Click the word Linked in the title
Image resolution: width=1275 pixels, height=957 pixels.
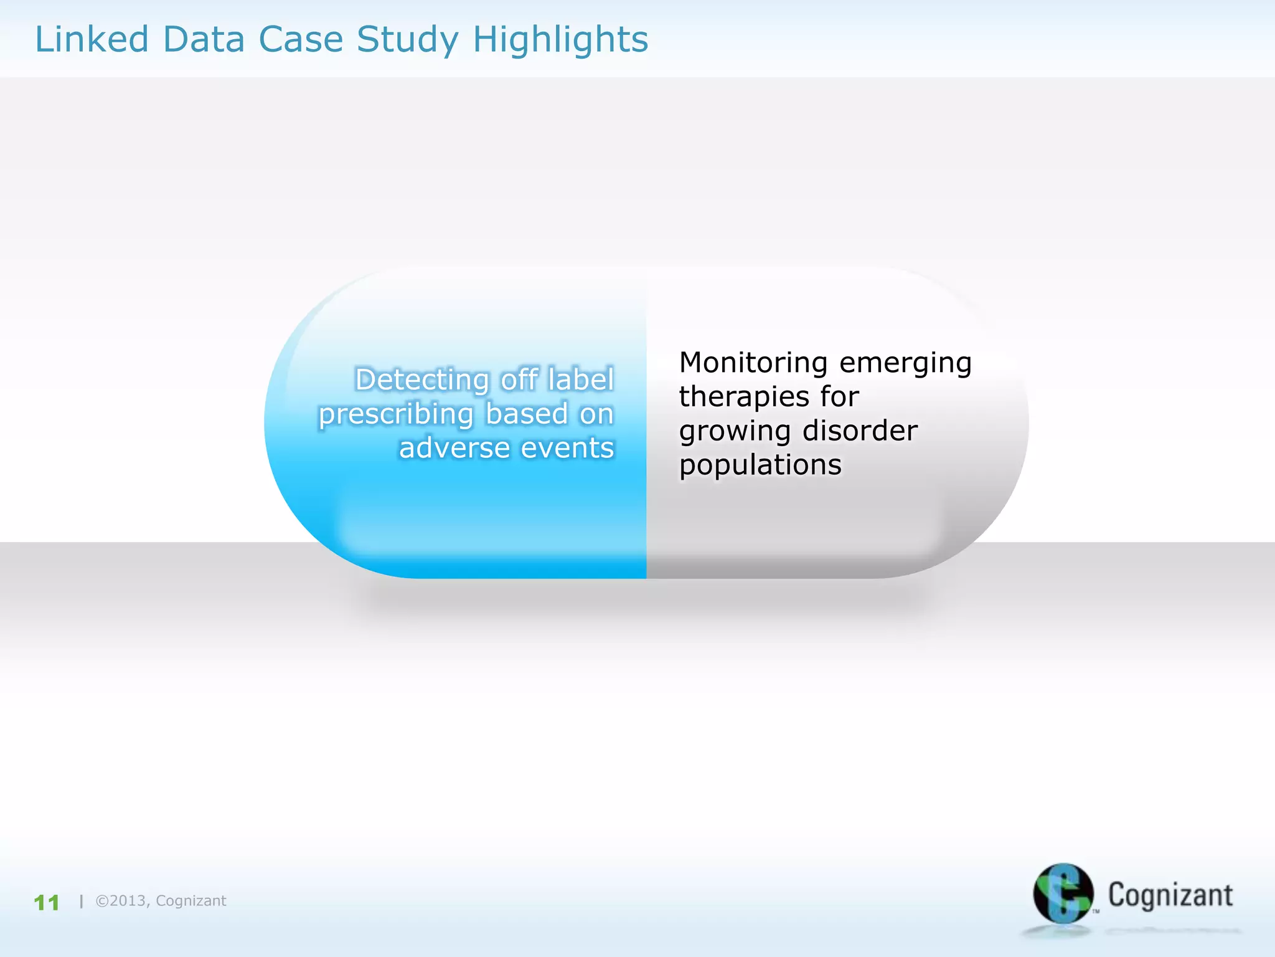point(92,39)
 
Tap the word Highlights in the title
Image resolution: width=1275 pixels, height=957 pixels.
point(560,40)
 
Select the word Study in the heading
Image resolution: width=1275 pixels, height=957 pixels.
point(407,40)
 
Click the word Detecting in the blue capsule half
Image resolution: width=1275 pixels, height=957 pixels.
point(421,380)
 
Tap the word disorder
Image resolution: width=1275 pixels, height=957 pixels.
point(860,431)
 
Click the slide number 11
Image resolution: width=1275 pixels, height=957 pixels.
point(47,902)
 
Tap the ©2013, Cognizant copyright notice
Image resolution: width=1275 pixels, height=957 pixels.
point(161,901)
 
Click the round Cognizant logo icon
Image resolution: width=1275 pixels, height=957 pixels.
point(1063,893)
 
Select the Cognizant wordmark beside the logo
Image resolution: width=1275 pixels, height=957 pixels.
point(1170,895)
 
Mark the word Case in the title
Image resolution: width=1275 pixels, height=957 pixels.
point(301,39)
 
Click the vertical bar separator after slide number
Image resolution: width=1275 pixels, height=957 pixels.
point(82,901)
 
